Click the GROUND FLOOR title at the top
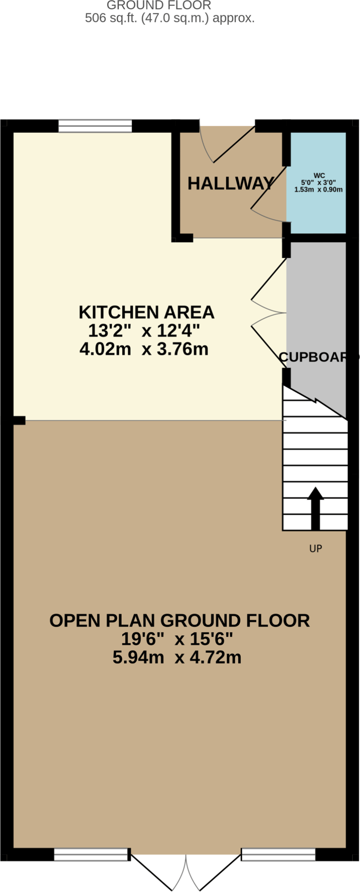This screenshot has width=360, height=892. pos(159,6)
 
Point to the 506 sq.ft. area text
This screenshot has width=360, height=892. pos(169,18)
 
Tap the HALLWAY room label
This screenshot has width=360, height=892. pos(231,183)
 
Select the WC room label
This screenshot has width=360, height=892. pos(319,176)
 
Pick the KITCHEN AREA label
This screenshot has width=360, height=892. pos(146,312)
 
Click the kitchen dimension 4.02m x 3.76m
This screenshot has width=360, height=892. pos(144,349)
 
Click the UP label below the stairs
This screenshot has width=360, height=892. pos(316,548)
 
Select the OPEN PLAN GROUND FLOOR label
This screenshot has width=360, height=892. pos(179,620)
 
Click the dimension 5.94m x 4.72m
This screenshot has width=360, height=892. pos(177,657)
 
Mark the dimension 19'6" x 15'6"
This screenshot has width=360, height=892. pos(177,639)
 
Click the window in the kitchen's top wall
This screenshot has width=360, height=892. pos(95,126)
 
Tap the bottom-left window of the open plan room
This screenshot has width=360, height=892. pos(91,855)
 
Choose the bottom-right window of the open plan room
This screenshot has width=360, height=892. pos(278,855)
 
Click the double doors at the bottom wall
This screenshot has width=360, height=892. pos(186,871)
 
